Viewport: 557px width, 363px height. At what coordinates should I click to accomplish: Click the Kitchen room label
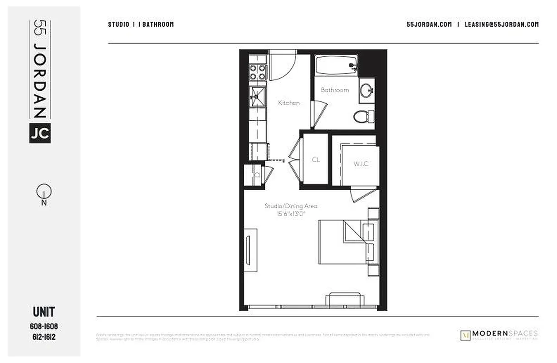289,103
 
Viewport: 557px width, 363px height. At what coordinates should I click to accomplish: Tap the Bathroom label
335,90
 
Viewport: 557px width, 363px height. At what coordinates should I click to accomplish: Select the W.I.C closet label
361,164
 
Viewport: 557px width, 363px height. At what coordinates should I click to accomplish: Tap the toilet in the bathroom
362,116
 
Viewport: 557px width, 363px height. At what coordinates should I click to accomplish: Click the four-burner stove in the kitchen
257,73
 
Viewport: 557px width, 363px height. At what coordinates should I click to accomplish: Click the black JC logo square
40,133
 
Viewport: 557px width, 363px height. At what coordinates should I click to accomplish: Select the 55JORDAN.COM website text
429,25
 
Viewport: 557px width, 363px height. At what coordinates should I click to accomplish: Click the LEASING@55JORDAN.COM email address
502,25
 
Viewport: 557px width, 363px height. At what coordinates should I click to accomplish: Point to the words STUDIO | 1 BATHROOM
141,25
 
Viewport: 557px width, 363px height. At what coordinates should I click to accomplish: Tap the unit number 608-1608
44,327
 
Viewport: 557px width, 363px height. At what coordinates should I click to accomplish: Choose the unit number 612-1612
44,337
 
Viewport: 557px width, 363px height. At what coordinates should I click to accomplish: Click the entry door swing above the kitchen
282,66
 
